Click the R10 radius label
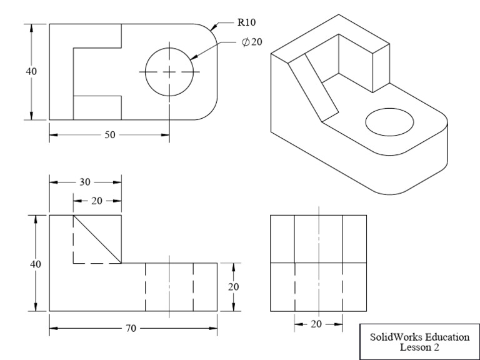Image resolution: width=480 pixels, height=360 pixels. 246,22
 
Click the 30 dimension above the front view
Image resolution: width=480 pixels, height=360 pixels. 85,182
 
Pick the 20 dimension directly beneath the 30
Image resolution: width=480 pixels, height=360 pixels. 97,201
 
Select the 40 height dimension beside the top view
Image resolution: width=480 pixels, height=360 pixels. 31,71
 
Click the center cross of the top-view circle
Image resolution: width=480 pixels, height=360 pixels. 169,72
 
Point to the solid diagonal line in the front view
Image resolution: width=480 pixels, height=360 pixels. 97,239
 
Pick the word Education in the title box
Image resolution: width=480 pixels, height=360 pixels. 447,337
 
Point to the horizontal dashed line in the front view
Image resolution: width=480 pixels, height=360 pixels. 97,264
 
